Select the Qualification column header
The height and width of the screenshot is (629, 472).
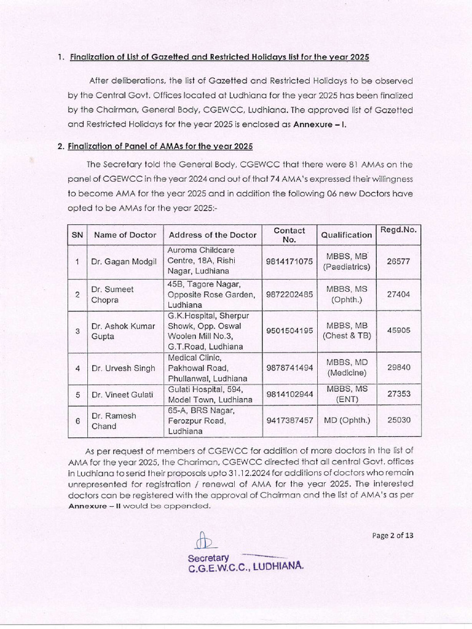[346, 235]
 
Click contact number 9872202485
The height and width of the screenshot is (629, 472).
[289, 294]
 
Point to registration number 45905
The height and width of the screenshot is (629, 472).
[398, 330]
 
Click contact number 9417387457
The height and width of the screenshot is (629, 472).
[289, 420]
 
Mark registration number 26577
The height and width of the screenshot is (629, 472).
[398, 261]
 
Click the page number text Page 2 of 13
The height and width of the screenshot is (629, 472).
[393, 535]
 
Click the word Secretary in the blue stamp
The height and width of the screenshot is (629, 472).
[208, 558]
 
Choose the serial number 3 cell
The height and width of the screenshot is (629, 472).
[77, 330]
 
